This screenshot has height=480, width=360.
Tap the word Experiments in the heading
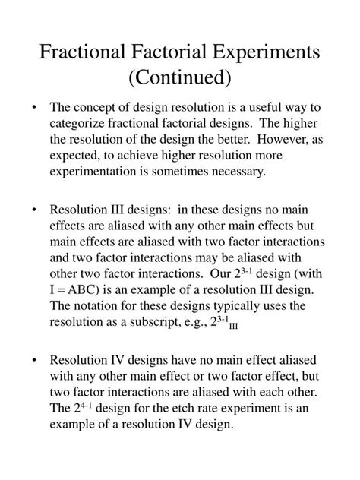[x=270, y=54]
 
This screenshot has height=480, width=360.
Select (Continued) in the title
[x=180, y=77]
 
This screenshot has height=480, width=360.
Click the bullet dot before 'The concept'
[x=36, y=107]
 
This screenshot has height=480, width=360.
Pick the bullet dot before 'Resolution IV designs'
[x=36, y=360]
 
